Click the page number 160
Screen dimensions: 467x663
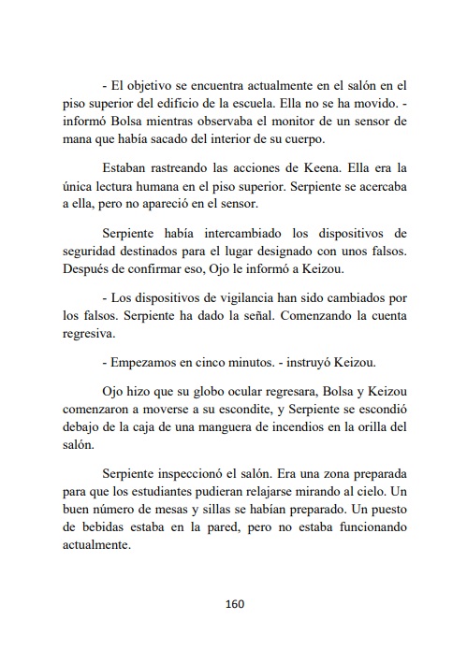pos(234,603)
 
